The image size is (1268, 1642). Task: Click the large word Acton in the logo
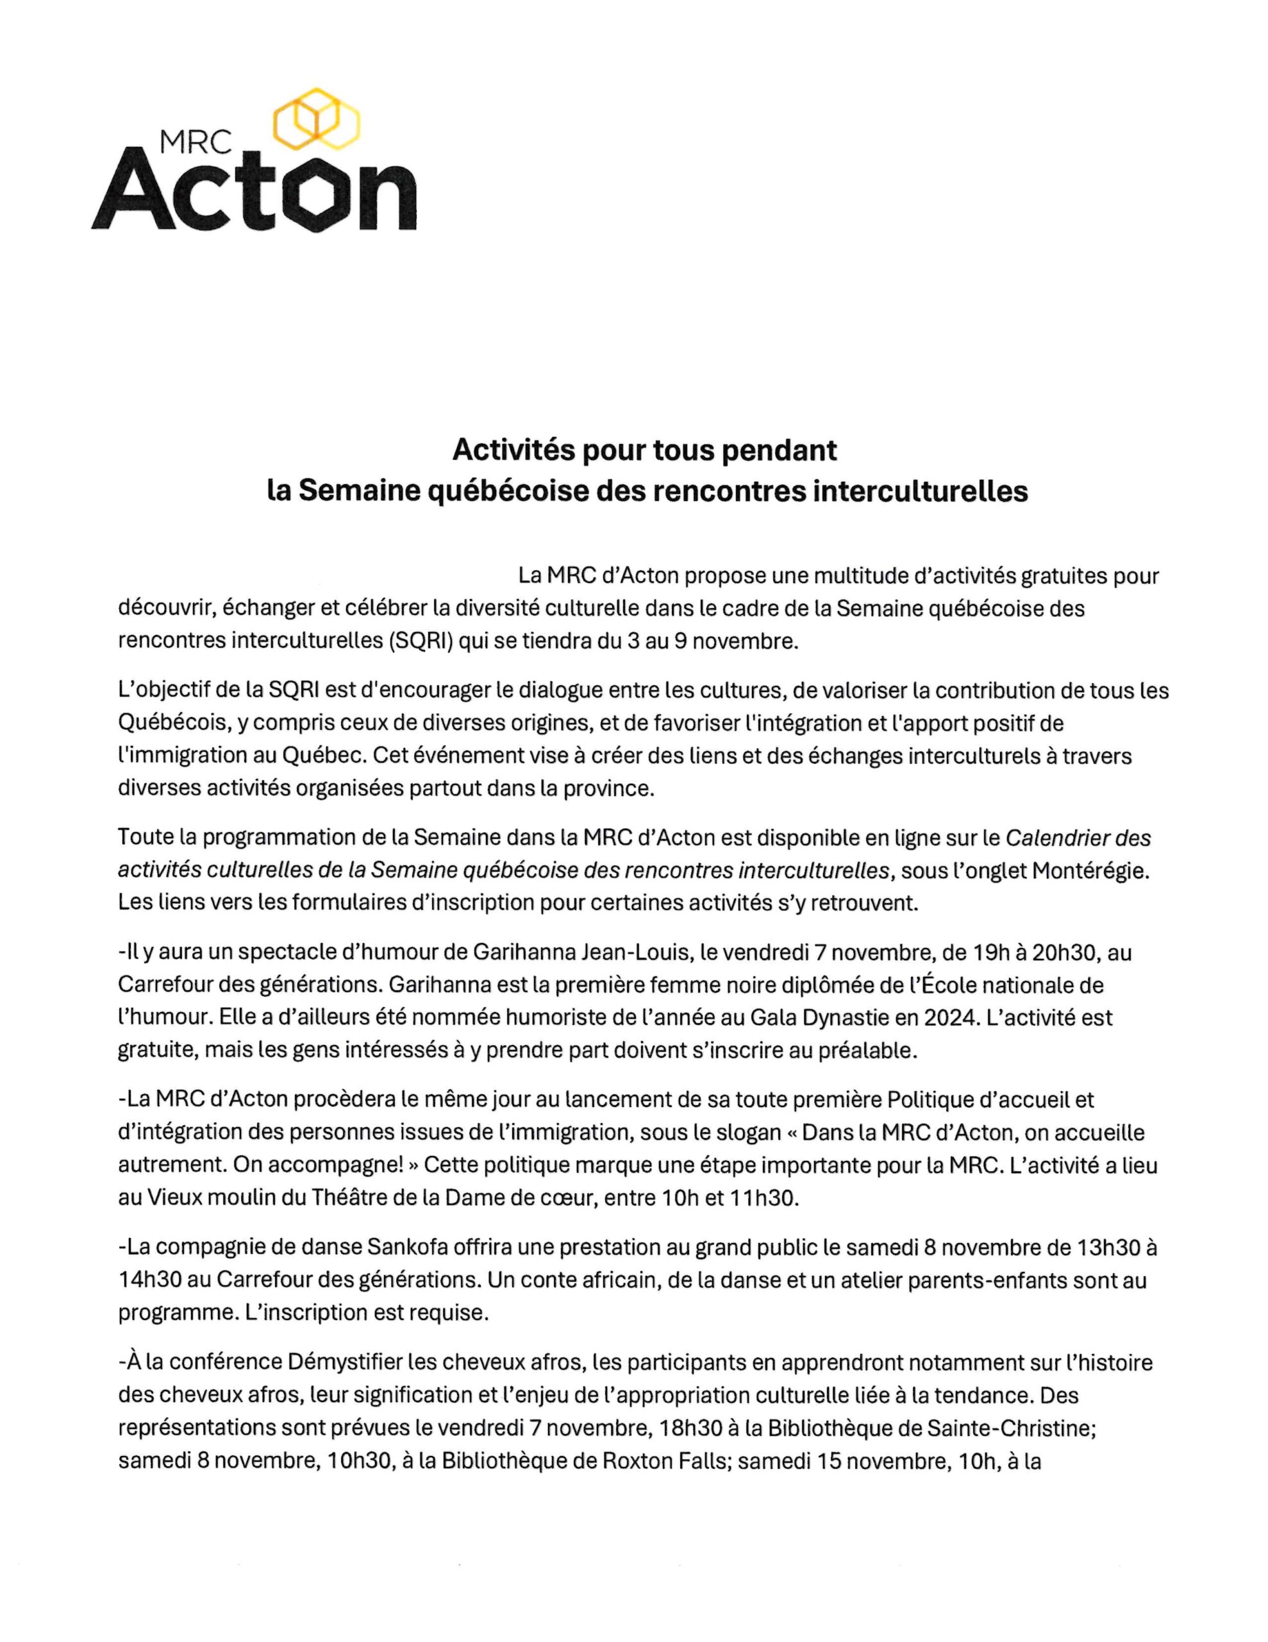coord(254,194)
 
